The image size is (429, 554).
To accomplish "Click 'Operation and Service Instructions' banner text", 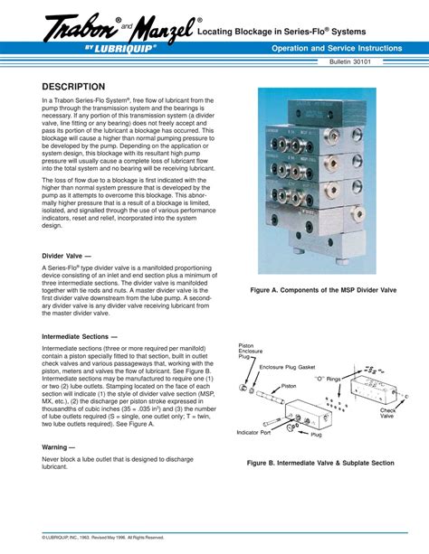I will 331,47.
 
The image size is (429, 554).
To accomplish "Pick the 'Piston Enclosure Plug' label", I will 249,351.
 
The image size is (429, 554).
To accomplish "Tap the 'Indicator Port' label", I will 253,433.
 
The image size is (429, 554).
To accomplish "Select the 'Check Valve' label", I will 386,412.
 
